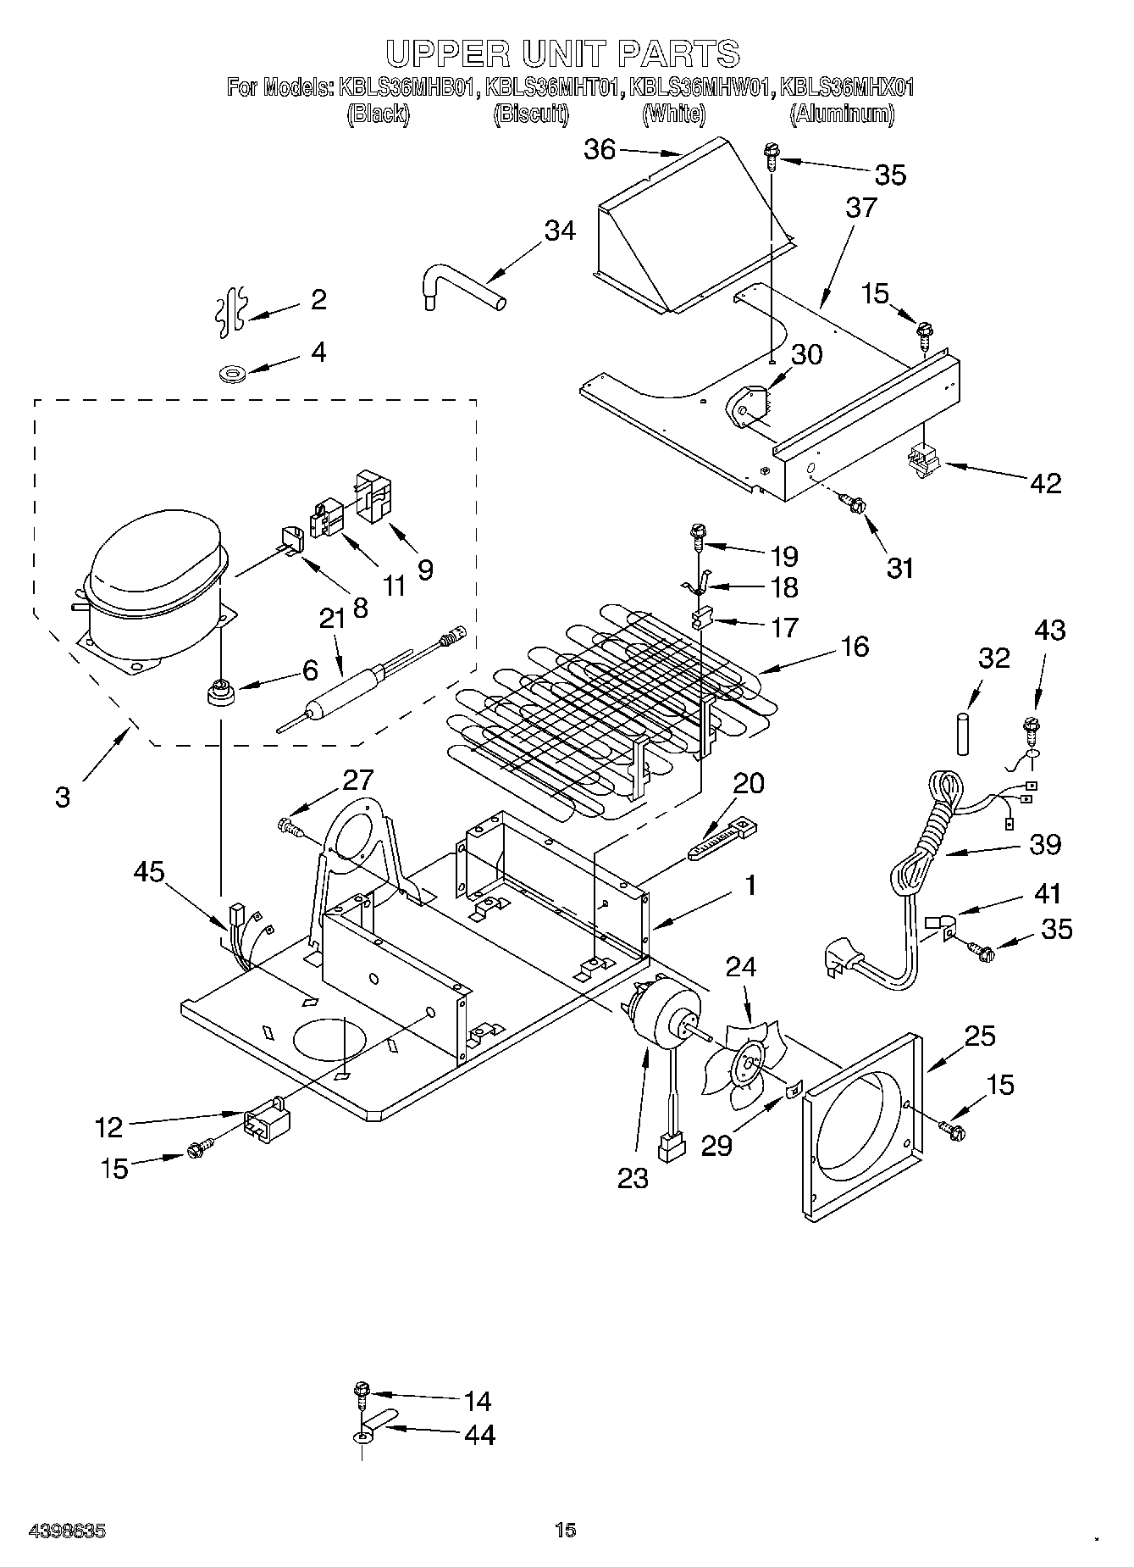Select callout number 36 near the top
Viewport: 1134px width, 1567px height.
[x=600, y=150]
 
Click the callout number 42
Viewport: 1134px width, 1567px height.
[x=1045, y=483]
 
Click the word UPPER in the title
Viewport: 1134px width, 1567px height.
[x=443, y=53]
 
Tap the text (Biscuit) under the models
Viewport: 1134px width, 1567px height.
[x=531, y=114]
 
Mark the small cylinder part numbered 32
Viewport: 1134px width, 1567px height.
[x=963, y=733]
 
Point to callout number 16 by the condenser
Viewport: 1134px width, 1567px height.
[x=855, y=647]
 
